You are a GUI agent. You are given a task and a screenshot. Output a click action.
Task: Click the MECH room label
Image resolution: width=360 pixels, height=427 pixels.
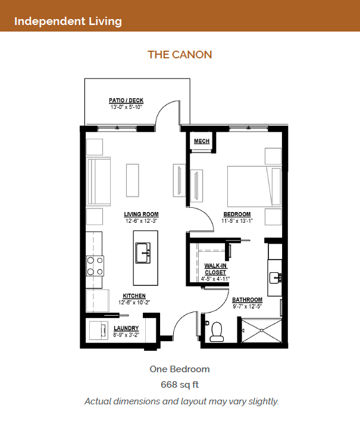point(202,141)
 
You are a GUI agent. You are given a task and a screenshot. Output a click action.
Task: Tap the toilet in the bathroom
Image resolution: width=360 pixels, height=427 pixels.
point(217,332)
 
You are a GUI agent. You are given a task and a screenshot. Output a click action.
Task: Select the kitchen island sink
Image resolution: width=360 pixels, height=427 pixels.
point(143,253)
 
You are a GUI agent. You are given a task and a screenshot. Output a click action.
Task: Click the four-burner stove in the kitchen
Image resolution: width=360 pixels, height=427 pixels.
point(95,266)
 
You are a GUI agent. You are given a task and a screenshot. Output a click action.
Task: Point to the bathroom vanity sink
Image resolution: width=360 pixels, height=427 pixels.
point(276,278)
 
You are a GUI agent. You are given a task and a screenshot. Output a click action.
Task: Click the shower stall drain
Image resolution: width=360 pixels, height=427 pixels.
point(261,331)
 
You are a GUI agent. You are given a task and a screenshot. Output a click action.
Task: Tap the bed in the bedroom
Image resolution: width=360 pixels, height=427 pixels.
point(255,186)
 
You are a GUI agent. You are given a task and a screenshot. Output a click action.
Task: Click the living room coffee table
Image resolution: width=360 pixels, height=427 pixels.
point(133,180)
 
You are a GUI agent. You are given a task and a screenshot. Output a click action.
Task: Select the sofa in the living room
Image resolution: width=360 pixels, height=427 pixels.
point(99,182)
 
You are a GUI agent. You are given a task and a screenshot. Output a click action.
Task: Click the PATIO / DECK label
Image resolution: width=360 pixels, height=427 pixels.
point(126,101)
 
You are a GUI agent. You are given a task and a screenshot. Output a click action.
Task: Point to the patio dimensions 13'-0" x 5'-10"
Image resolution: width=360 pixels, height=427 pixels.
point(126,107)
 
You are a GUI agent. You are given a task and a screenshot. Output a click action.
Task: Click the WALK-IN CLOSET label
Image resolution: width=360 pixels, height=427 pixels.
point(215,269)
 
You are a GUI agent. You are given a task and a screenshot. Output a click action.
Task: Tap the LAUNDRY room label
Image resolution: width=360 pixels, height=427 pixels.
point(126,328)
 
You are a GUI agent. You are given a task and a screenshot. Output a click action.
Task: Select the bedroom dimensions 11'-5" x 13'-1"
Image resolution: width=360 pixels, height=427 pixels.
point(237,221)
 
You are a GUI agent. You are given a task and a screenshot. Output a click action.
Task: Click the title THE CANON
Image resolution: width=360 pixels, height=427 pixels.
point(180,55)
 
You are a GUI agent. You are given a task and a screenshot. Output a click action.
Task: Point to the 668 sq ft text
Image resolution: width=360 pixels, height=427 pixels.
point(180,385)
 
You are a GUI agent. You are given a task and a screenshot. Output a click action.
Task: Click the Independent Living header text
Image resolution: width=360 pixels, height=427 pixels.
point(68,21)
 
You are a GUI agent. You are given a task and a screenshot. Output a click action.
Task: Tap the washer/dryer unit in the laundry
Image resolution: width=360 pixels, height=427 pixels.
point(98,331)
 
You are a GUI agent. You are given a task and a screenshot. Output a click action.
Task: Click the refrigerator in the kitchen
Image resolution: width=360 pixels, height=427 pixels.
point(98,301)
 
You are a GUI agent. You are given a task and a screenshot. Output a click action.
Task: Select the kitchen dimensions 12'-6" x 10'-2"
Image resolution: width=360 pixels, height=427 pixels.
point(134,303)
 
